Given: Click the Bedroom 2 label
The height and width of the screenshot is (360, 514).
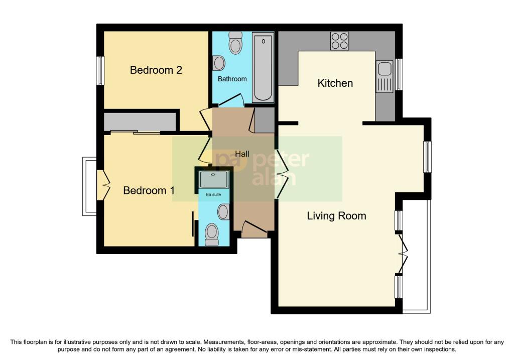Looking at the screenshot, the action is click(x=156, y=70).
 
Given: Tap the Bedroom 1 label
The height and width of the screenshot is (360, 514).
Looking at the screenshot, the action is click(x=149, y=190).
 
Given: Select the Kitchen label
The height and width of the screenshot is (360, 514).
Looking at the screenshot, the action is click(x=335, y=83).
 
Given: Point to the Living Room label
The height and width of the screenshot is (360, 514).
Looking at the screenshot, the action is click(x=336, y=216).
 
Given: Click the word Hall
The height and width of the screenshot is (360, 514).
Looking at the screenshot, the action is click(x=242, y=154).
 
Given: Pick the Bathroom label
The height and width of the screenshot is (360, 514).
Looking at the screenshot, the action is click(x=232, y=79).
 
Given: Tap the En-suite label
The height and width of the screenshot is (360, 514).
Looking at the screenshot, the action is click(x=213, y=194).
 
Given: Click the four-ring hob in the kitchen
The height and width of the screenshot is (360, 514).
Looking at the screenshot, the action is click(x=340, y=41).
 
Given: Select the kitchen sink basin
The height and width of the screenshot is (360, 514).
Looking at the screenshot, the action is click(x=384, y=69).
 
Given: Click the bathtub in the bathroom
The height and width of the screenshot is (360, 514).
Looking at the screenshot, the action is click(x=263, y=67).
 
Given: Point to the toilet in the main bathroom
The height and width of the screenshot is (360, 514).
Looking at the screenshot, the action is click(x=235, y=43).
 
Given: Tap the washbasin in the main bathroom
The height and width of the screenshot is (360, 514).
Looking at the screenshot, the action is click(x=218, y=63).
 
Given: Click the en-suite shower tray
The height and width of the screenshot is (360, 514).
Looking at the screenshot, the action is click(x=214, y=179).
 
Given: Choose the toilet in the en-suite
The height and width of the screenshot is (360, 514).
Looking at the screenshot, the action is click(x=211, y=234).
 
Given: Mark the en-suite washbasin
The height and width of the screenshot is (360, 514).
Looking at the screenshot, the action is click(x=223, y=212).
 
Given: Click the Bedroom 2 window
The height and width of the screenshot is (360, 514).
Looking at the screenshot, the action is click(x=100, y=70).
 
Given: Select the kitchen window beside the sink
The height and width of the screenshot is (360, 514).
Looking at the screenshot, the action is click(x=399, y=74).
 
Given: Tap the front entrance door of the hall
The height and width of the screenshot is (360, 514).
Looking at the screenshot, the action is click(x=254, y=228).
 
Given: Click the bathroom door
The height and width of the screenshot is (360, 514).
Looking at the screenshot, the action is click(x=231, y=100).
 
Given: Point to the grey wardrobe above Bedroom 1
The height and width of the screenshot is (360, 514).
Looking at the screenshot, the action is click(x=140, y=122).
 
